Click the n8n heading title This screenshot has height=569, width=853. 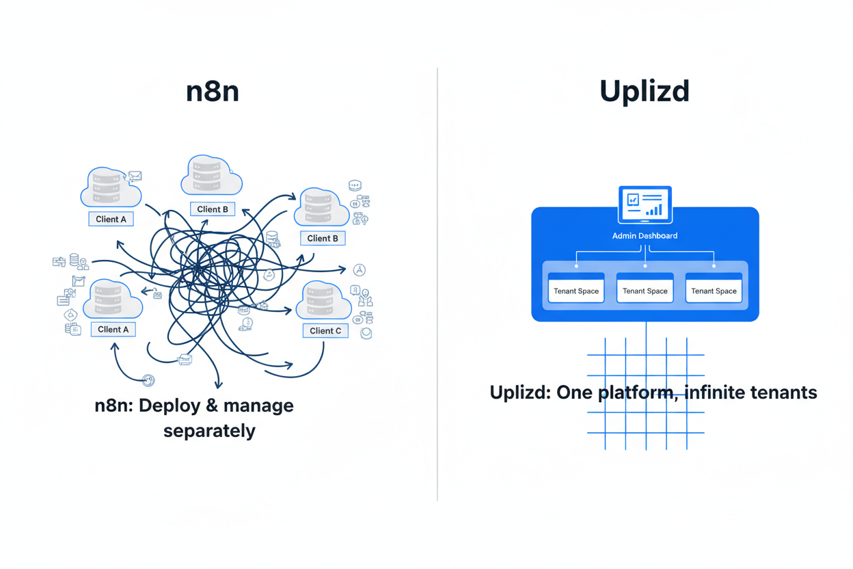(213, 91)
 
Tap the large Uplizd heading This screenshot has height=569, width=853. (645, 91)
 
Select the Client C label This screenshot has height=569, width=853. (325, 331)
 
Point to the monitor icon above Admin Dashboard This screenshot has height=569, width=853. (645, 204)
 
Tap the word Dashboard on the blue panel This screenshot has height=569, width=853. (658, 236)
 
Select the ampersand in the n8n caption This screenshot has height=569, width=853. (212, 406)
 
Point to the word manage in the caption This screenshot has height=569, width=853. (258, 406)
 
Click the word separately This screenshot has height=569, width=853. (209, 432)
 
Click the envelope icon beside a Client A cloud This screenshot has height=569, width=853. (135, 176)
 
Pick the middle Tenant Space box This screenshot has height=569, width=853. (645, 288)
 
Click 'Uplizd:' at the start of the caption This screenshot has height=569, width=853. (520, 393)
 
